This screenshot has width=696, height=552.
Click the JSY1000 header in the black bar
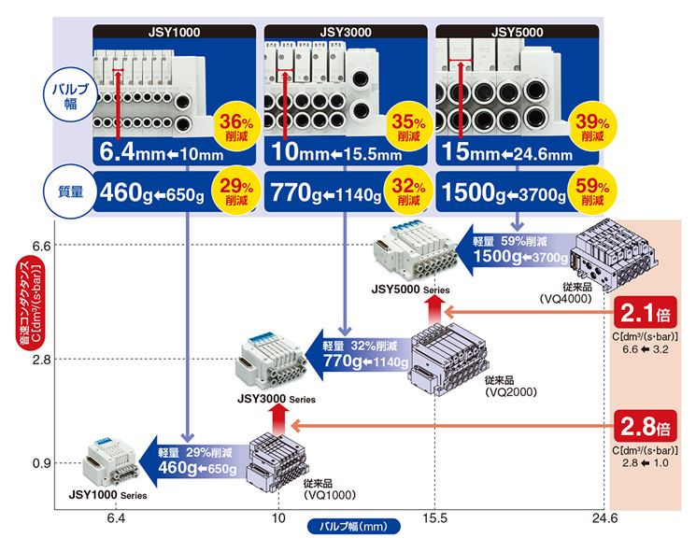(174, 32)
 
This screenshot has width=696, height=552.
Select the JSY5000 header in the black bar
(518, 32)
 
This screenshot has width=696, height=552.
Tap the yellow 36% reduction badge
(235, 127)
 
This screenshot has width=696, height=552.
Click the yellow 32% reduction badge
(408, 191)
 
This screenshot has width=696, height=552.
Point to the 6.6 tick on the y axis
(42, 246)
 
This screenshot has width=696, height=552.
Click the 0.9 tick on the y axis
(42, 463)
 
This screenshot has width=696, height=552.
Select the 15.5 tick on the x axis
(435, 518)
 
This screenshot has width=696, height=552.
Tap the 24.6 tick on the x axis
(604, 518)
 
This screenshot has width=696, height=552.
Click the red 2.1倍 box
(645, 312)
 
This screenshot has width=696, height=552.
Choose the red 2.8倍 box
(645, 426)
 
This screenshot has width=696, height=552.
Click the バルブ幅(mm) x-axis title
(354, 526)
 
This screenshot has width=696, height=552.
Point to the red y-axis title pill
(30, 303)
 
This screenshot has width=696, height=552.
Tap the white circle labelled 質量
(70, 191)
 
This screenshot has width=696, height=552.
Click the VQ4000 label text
(565, 299)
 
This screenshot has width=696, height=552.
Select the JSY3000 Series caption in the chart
(277, 399)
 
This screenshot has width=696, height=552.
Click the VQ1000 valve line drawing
(277, 461)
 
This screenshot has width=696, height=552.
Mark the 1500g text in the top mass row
(474, 192)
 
